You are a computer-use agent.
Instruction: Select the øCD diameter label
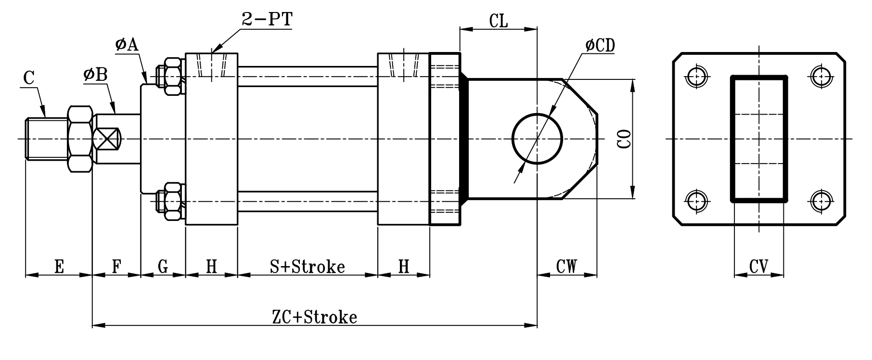coord(600,45)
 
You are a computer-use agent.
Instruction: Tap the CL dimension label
coord(499,21)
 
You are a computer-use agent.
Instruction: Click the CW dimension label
coord(566,267)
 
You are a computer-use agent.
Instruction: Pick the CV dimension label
coord(758,267)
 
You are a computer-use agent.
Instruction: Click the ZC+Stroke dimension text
coord(314,317)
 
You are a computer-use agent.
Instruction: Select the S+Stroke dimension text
coord(307,266)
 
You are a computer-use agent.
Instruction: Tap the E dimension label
coord(59,266)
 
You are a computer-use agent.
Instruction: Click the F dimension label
coord(116,266)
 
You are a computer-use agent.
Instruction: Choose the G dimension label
coord(163,266)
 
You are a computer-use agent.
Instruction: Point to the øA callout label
coord(127,45)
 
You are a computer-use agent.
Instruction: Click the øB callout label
coord(95,75)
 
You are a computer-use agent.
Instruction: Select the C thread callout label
coord(29,78)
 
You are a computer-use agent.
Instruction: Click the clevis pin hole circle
coord(537,139)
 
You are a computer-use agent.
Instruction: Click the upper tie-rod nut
coord(172,76)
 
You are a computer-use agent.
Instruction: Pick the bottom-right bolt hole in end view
coord(821,201)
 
